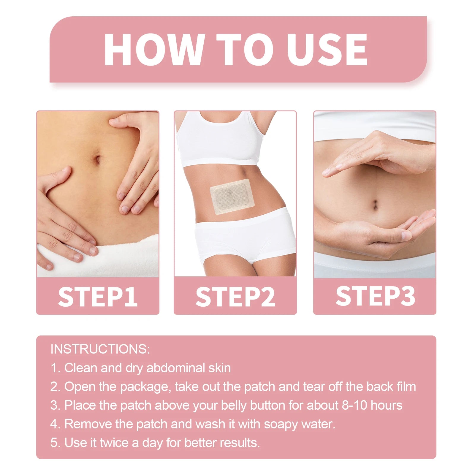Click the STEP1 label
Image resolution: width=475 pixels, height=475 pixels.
(98, 297)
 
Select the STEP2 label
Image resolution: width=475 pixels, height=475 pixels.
(235, 297)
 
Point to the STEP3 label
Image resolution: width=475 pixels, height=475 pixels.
(375, 296)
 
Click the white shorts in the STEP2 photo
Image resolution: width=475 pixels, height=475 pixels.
(245, 237)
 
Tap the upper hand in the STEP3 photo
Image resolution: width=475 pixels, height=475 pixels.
(383, 154)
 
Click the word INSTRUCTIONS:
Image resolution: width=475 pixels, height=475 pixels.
(100, 349)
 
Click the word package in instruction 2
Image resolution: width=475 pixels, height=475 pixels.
(145, 387)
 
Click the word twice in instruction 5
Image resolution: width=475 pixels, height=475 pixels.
(114, 443)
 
